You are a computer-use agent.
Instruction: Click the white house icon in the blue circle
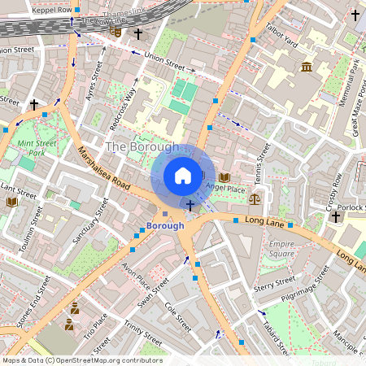click(183, 176)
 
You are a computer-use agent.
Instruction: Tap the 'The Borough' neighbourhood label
click(142, 147)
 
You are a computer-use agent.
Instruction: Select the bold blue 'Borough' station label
click(165, 225)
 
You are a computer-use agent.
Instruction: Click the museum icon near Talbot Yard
click(307, 67)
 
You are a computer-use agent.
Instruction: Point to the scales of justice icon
click(255, 198)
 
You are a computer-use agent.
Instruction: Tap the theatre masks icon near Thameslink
click(118, 33)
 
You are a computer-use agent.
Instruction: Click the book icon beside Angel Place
click(224, 176)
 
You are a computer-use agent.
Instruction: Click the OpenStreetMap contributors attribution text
click(81, 359)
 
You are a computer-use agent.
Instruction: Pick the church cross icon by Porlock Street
click(334, 217)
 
